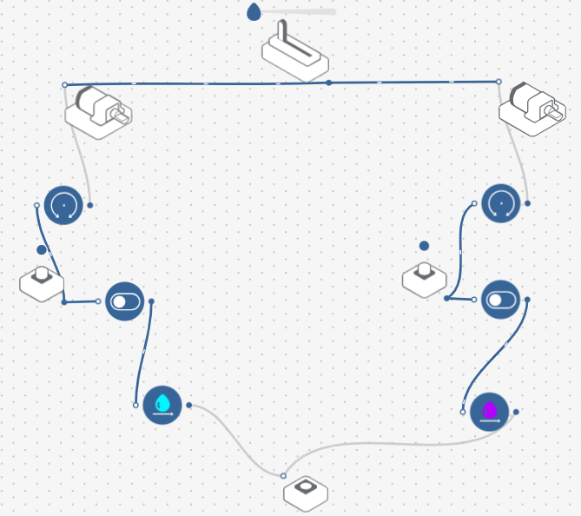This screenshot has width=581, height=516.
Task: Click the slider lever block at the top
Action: [295, 54]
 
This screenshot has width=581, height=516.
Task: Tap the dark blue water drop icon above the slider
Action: [254, 12]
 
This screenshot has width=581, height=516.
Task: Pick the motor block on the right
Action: [532, 108]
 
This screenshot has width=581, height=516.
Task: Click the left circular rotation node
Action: [63, 205]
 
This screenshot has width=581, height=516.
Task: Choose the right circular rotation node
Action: [501, 203]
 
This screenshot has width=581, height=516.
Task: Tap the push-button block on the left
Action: [42, 281]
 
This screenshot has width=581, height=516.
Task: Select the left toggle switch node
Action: [124, 301]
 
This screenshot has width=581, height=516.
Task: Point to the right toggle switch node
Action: [500, 300]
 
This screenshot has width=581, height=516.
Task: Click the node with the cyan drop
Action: [162, 405]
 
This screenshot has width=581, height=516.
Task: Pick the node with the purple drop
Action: [489, 411]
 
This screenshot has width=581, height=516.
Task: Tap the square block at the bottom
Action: [306, 492]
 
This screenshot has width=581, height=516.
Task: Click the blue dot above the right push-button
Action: [424, 246]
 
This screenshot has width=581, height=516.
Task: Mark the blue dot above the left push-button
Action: [42, 249]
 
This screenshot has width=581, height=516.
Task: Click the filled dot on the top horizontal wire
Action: [329, 83]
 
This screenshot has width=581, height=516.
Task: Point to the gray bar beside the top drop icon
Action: [299, 12]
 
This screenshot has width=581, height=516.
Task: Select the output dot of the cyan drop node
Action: [188, 405]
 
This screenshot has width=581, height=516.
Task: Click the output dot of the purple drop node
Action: [516, 412]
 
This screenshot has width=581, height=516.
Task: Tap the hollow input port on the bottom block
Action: [283, 475]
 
